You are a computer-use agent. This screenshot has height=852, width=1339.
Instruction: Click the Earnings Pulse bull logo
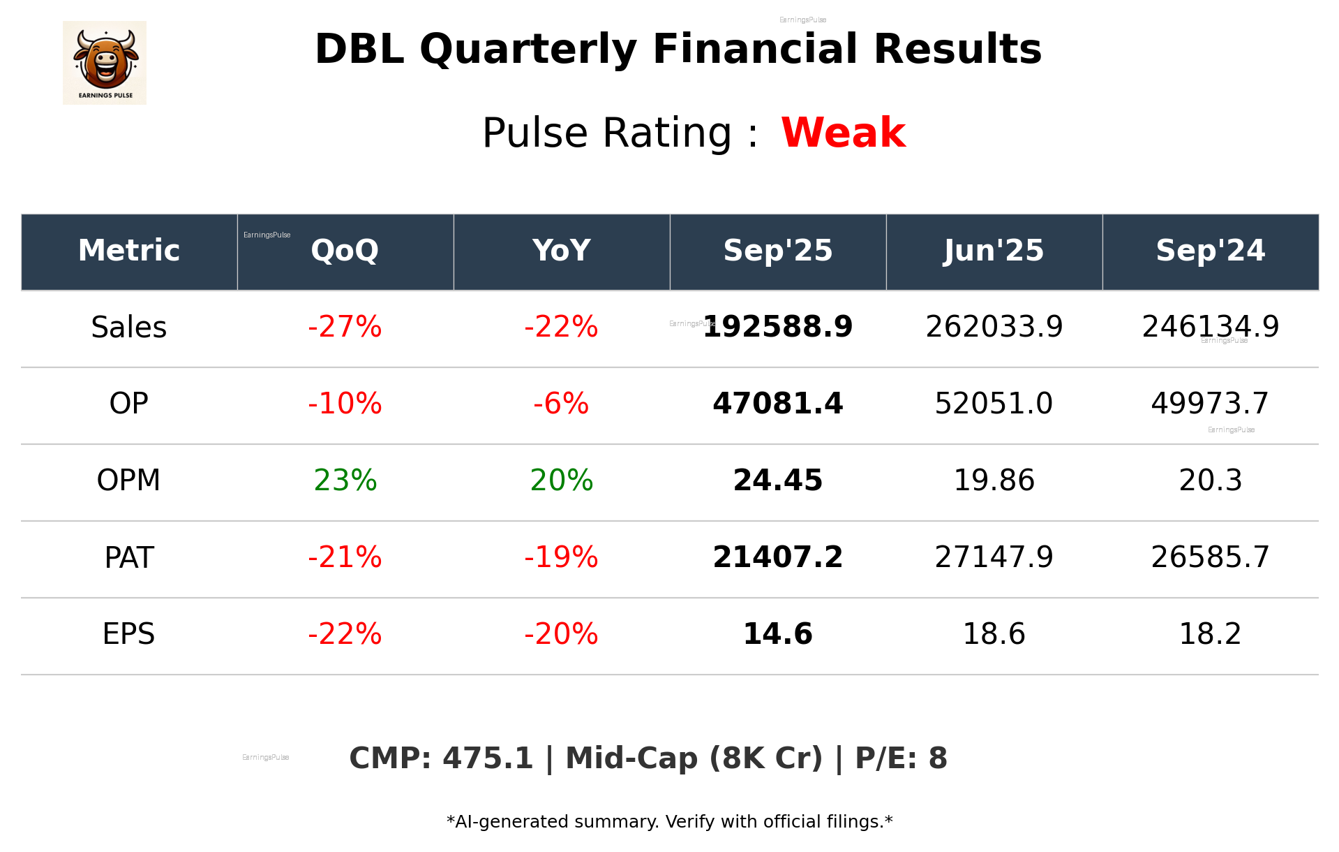105,63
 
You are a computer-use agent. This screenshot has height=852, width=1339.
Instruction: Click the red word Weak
843,133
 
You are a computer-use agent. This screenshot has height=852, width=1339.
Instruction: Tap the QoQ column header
345,251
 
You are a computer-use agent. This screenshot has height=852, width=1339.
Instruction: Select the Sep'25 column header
778,251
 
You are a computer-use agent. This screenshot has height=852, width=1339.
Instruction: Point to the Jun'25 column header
994,251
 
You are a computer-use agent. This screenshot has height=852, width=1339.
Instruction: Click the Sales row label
129,327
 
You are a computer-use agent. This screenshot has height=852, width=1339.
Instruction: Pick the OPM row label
129,480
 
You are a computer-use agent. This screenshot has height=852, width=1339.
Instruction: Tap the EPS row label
129,634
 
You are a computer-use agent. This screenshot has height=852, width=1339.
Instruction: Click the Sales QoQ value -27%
345,327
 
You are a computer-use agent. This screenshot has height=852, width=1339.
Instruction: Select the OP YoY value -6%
561,404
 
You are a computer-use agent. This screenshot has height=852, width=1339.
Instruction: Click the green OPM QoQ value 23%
345,480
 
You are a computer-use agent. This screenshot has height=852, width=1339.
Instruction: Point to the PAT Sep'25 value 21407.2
778,557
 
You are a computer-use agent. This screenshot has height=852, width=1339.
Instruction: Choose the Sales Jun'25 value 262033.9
994,327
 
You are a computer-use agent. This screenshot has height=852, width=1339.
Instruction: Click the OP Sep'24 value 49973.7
1210,404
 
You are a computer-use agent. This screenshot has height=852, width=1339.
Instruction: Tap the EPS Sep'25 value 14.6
778,634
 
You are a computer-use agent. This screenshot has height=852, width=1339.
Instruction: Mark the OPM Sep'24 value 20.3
1210,480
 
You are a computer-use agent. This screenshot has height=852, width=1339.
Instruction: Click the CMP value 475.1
488,758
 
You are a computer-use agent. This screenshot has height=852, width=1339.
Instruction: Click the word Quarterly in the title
528,50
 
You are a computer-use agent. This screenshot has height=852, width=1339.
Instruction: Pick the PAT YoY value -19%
561,557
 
